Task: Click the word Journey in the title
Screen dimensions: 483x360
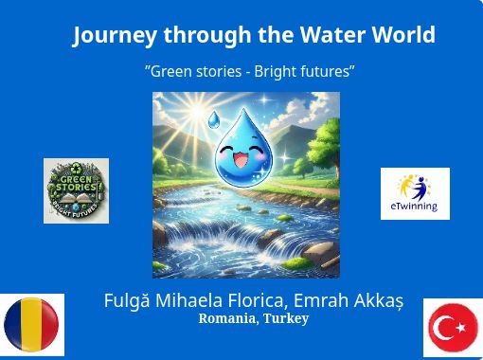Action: pos(115,35)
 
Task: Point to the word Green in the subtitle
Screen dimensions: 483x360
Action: pos(171,71)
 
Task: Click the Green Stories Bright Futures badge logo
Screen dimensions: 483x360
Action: pos(76,190)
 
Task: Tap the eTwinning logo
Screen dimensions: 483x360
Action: pos(415,193)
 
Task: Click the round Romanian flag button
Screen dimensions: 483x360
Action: pos(31,325)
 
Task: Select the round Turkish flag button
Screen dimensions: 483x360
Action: pos(454,328)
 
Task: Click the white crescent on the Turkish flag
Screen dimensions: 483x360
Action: pos(441,328)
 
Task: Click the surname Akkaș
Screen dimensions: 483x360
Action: pos(379,301)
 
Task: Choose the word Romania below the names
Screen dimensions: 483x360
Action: pos(228,318)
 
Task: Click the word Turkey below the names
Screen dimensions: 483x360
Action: pos(286,319)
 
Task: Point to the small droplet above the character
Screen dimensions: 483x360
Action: pos(214,119)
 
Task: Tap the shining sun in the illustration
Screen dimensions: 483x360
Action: pos(198,111)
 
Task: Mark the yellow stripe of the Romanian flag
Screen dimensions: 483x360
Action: pos(31,325)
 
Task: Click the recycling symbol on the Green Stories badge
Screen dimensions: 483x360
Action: pos(76,169)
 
